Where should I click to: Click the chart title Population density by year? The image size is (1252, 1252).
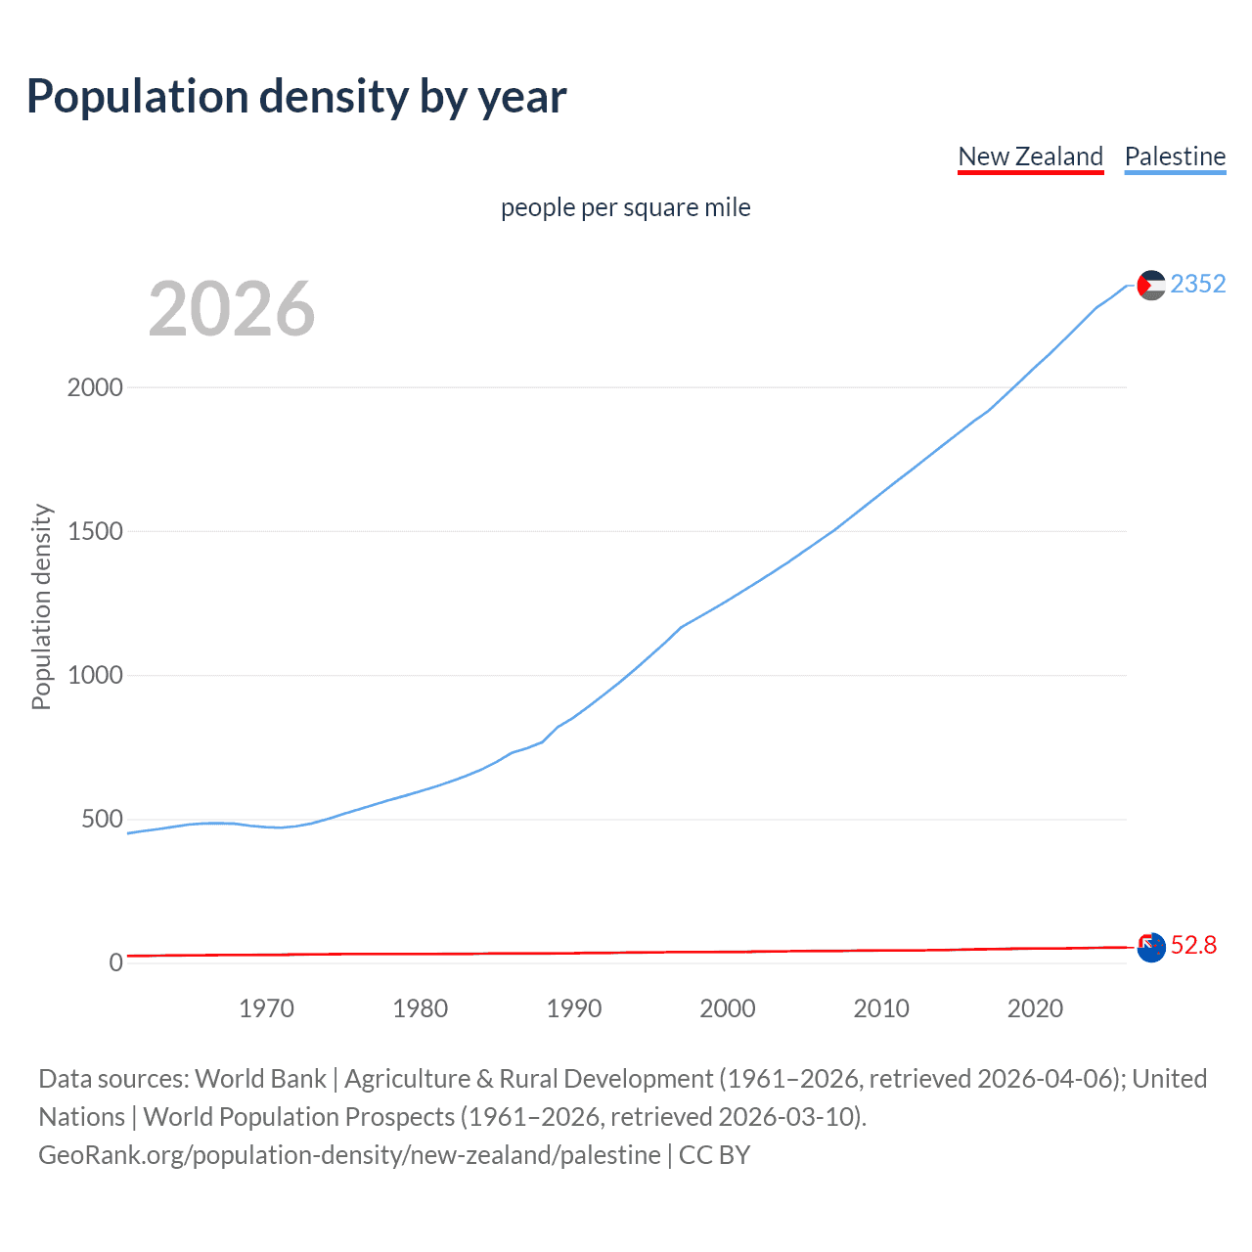click(x=296, y=97)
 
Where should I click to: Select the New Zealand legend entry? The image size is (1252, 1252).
click(x=1030, y=156)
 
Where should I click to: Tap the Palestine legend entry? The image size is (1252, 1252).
click(x=1175, y=156)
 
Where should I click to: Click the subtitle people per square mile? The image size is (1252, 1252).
click(x=625, y=207)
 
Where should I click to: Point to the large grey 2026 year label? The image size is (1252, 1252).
click(x=232, y=309)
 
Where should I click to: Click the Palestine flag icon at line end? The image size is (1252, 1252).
click(x=1151, y=285)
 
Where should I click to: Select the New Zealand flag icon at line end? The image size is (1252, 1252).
click(x=1151, y=947)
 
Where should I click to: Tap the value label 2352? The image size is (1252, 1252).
click(x=1197, y=284)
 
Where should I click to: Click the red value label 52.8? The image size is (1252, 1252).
click(x=1193, y=945)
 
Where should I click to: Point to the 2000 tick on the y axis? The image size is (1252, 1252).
click(x=95, y=387)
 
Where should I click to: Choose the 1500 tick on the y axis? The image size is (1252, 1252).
click(x=95, y=531)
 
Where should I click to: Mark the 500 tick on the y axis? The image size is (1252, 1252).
click(x=102, y=820)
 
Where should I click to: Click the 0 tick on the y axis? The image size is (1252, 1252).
click(x=116, y=962)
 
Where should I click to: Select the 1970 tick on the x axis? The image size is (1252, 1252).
click(x=266, y=1008)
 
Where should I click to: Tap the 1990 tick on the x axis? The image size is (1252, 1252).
click(x=574, y=1008)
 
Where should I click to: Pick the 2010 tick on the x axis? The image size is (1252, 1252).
click(x=881, y=1008)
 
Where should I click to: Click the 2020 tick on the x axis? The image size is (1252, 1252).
click(x=1035, y=1008)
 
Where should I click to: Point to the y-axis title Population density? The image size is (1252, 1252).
click(x=41, y=606)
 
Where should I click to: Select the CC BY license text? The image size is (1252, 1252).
click(x=714, y=1155)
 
